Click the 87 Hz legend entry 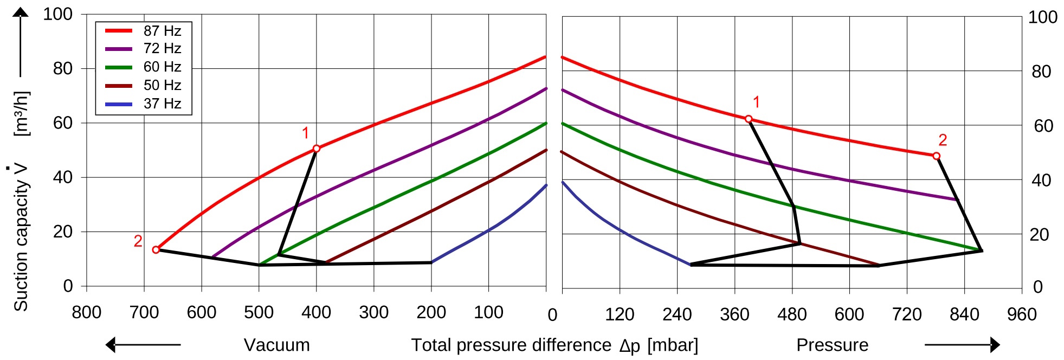[143, 31]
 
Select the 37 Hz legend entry [143, 104]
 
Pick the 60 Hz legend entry [143, 67]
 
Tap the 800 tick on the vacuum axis [87, 313]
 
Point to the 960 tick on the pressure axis [1022, 314]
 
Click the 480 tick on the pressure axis [792, 314]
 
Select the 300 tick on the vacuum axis [373, 313]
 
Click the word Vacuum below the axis [276, 345]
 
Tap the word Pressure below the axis [832, 345]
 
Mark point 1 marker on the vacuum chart [317, 149]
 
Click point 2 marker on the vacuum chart [156, 250]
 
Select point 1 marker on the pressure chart [749, 119]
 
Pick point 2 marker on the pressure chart [937, 156]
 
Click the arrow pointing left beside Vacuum [143, 345]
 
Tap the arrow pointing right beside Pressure [962, 345]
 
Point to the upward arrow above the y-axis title [21, 42]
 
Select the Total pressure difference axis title [554, 345]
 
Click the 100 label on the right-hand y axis [1043, 17]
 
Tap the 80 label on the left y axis [63, 69]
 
